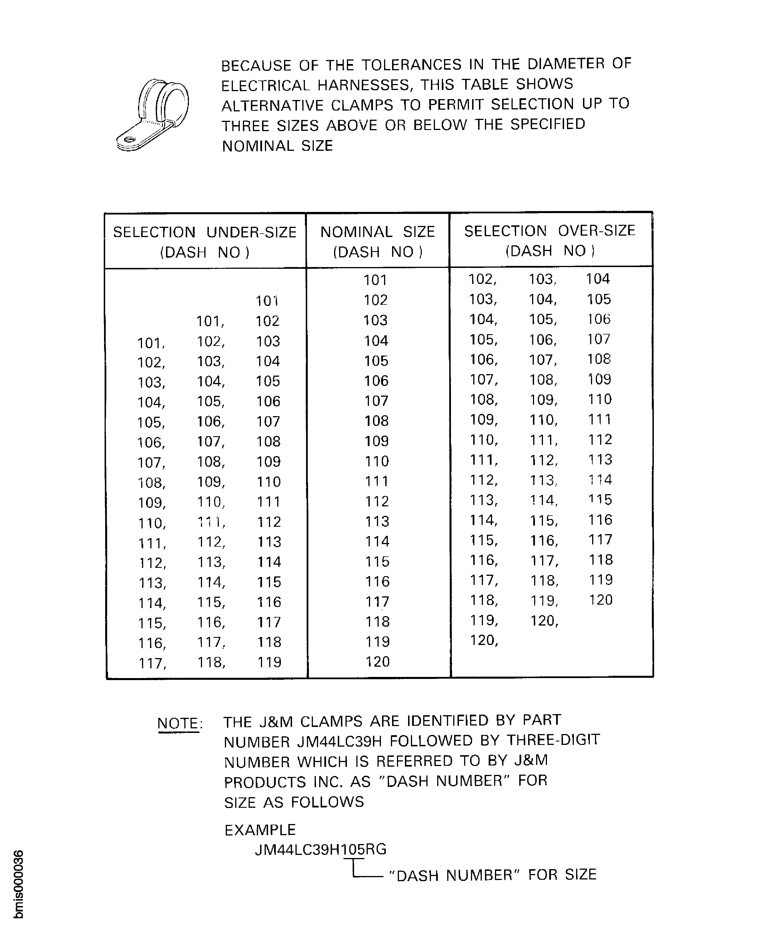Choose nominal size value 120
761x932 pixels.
point(377,662)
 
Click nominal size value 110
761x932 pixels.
point(377,461)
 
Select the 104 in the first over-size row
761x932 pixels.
point(598,279)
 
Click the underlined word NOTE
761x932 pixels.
point(178,723)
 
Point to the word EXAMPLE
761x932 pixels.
point(260,830)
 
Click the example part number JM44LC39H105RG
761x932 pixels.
point(320,850)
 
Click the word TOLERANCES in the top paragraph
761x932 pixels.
point(412,65)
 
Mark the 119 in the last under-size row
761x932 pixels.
point(269,662)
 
